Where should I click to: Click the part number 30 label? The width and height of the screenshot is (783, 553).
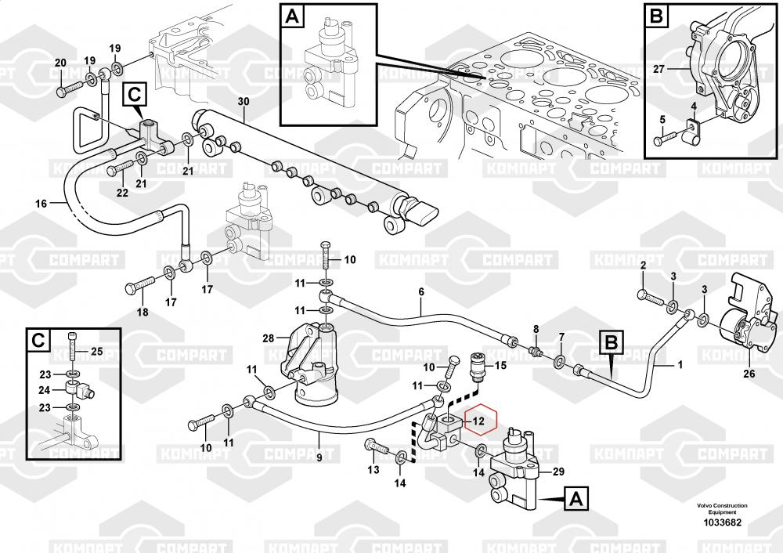coord(243,102)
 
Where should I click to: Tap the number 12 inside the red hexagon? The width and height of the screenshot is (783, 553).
coord(480,421)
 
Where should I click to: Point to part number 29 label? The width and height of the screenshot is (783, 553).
coord(557,472)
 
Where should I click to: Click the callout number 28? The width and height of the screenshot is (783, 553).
coord(268,338)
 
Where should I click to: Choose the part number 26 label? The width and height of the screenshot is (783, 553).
coord(749,374)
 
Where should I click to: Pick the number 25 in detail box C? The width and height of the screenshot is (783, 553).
coord(97,350)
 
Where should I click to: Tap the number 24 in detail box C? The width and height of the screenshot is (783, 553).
coord(45,389)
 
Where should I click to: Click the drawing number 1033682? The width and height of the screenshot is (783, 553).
coord(722,522)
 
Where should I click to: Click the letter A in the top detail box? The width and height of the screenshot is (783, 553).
coord(292,15)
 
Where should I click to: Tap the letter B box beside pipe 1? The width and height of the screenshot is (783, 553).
coord(612,342)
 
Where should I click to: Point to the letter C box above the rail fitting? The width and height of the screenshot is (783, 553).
coord(134,95)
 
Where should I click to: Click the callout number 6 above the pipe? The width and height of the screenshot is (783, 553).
coord(420,292)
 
